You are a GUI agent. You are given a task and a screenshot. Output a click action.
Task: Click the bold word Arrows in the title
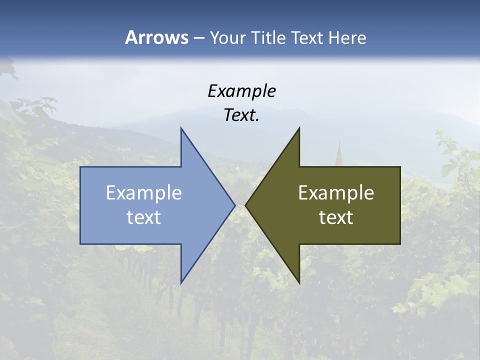click(156, 37)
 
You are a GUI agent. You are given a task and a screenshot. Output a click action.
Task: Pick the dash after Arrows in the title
click(198, 38)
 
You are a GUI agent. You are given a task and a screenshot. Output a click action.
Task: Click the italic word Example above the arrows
click(242, 91)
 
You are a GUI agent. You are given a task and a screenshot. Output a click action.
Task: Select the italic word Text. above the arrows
click(241, 115)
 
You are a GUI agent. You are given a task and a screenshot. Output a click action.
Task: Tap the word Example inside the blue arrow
click(144, 193)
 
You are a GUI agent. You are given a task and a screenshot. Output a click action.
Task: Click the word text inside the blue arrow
click(144, 217)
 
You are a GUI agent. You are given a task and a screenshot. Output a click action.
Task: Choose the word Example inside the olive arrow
click(336, 193)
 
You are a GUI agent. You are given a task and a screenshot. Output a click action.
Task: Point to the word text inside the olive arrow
click(336, 217)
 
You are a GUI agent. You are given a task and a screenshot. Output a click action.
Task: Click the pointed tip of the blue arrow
click(234, 205)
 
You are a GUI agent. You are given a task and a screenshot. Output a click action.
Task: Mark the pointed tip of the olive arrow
click(246, 205)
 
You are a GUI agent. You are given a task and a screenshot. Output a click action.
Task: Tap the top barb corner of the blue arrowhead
click(181, 128)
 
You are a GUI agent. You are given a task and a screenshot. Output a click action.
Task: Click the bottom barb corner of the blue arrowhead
click(181, 282)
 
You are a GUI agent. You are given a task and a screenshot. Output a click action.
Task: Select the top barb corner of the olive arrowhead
click(299, 128)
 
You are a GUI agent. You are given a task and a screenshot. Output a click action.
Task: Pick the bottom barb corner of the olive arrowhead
click(299, 282)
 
